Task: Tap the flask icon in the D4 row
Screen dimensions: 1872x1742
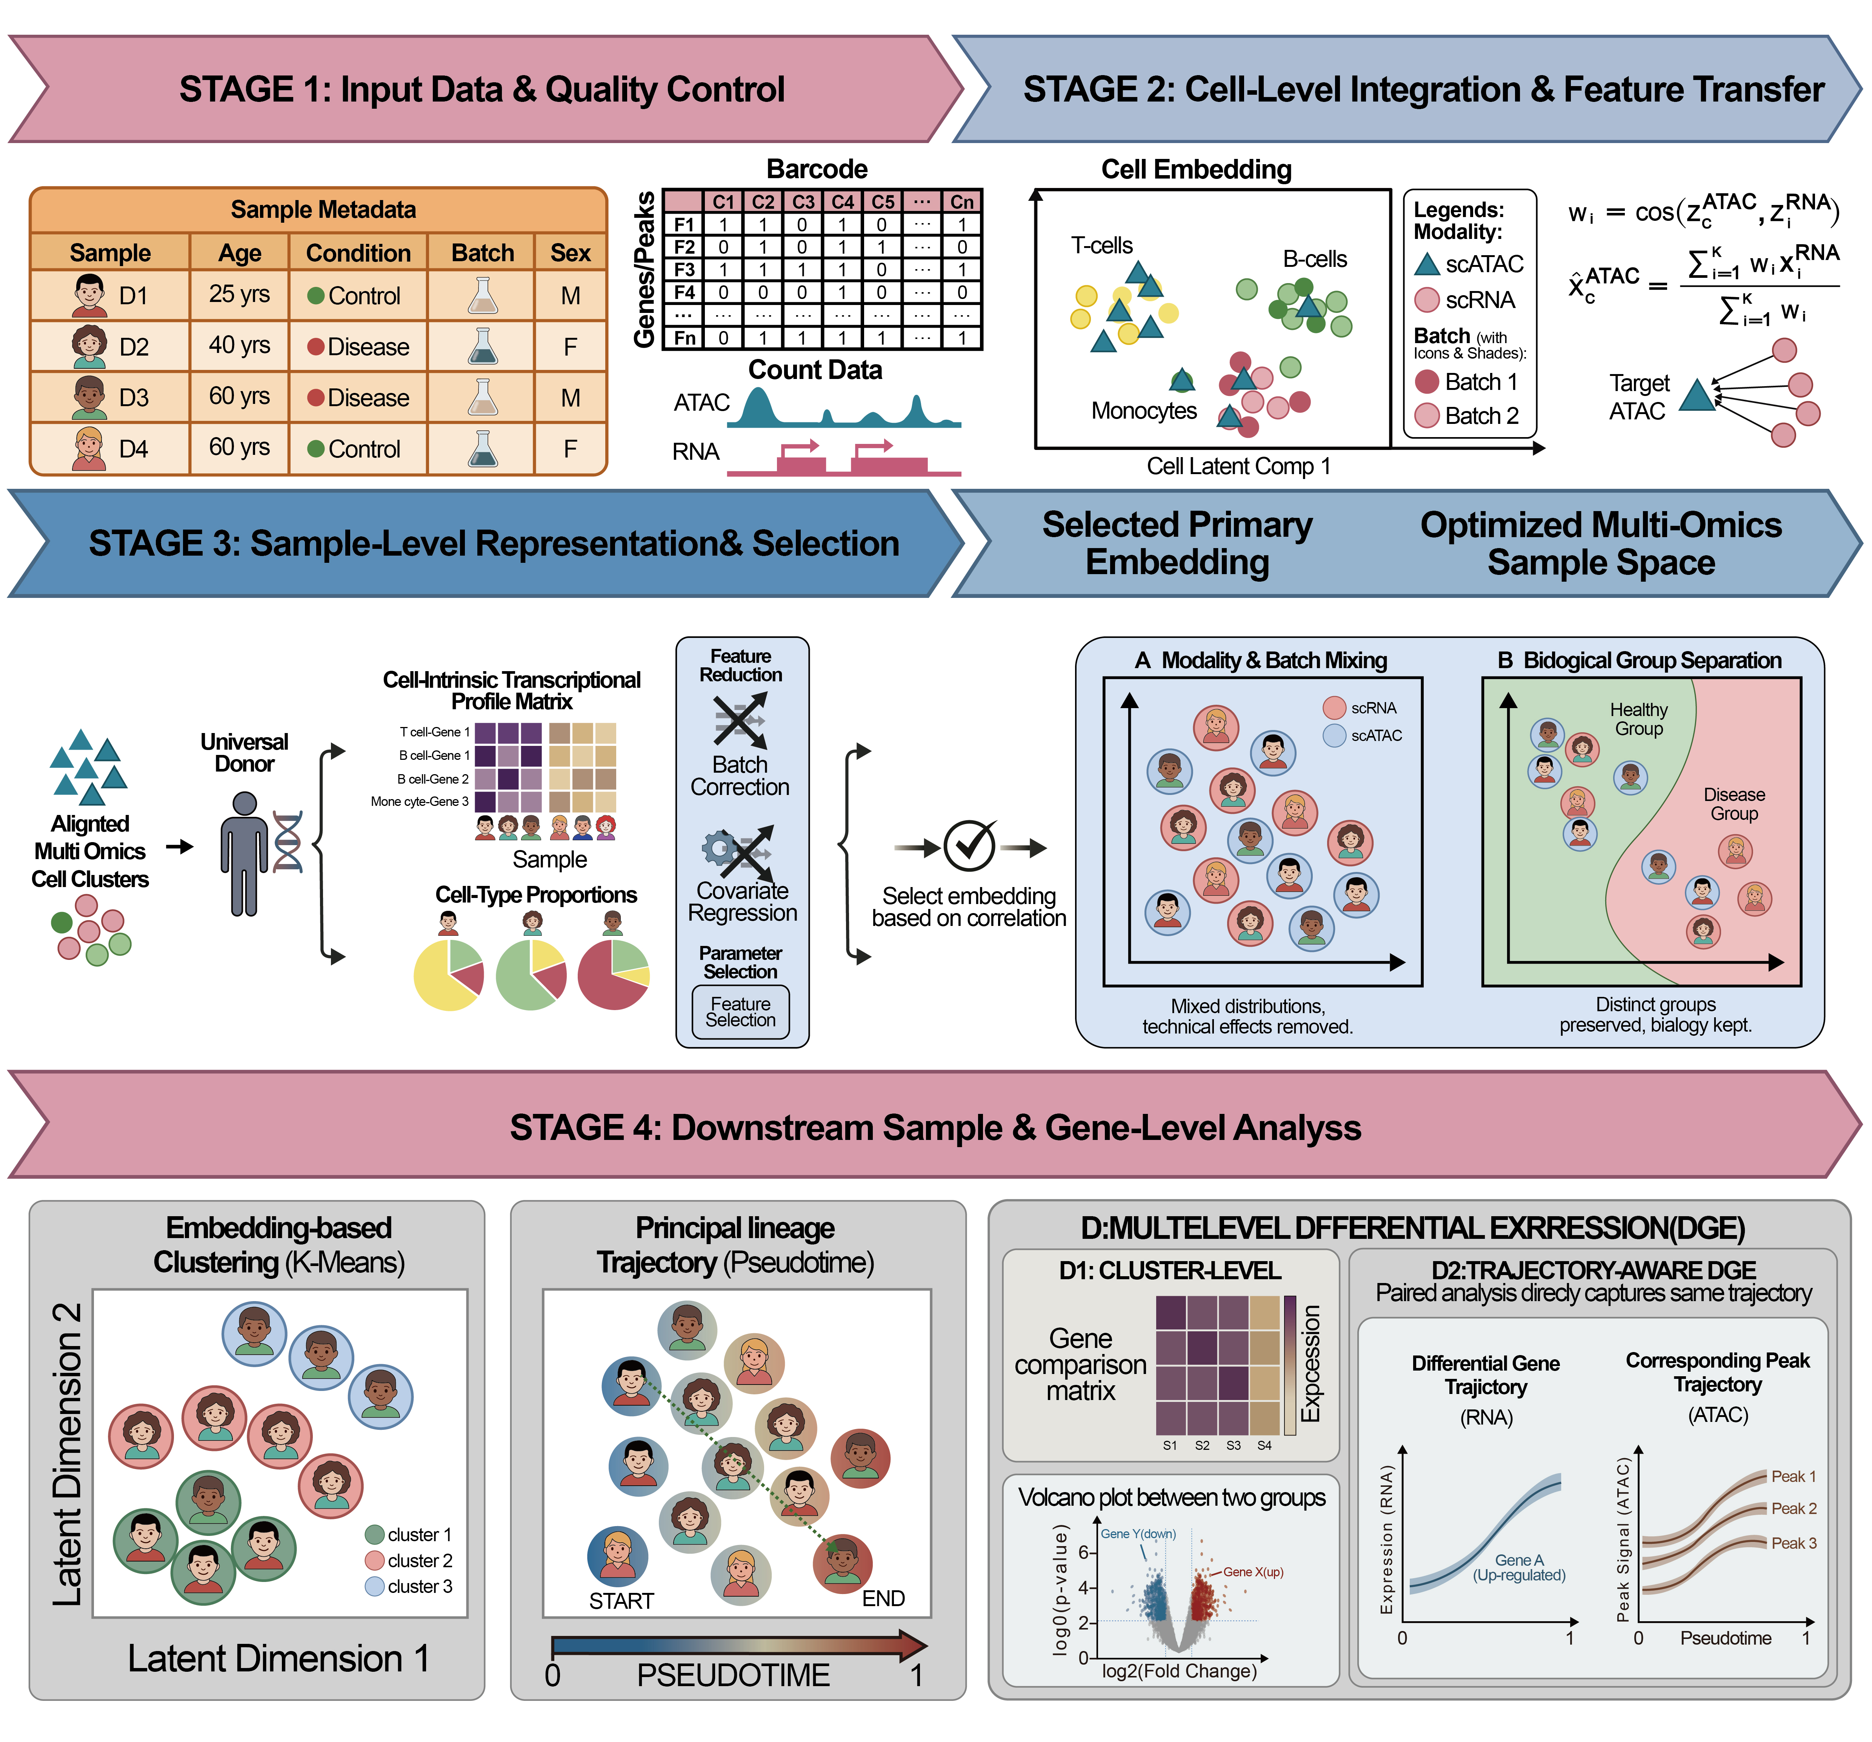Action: [x=483, y=448]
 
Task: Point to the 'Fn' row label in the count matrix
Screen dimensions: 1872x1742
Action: [x=685, y=337]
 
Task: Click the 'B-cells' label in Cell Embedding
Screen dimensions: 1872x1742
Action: [x=1315, y=259]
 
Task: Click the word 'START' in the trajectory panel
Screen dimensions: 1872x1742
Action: [x=621, y=1601]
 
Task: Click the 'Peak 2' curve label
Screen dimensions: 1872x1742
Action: [x=1794, y=1508]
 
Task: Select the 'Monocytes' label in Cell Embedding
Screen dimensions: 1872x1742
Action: [x=1144, y=411]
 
